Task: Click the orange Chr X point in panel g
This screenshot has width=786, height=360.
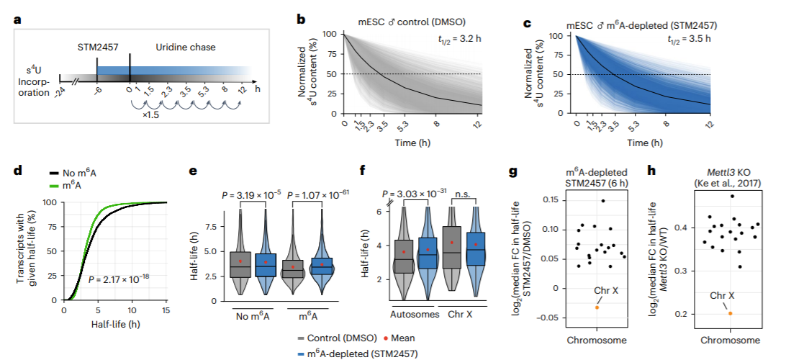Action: point(597,307)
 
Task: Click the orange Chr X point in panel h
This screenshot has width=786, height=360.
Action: point(731,313)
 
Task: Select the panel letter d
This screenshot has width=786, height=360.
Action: point(17,169)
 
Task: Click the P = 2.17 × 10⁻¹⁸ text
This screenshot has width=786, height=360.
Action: point(119,278)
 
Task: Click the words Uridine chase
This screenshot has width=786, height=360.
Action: point(185,47)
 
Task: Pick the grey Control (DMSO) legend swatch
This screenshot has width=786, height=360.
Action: point(302,339)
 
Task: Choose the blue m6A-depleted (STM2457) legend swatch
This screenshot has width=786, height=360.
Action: point(302,354)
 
